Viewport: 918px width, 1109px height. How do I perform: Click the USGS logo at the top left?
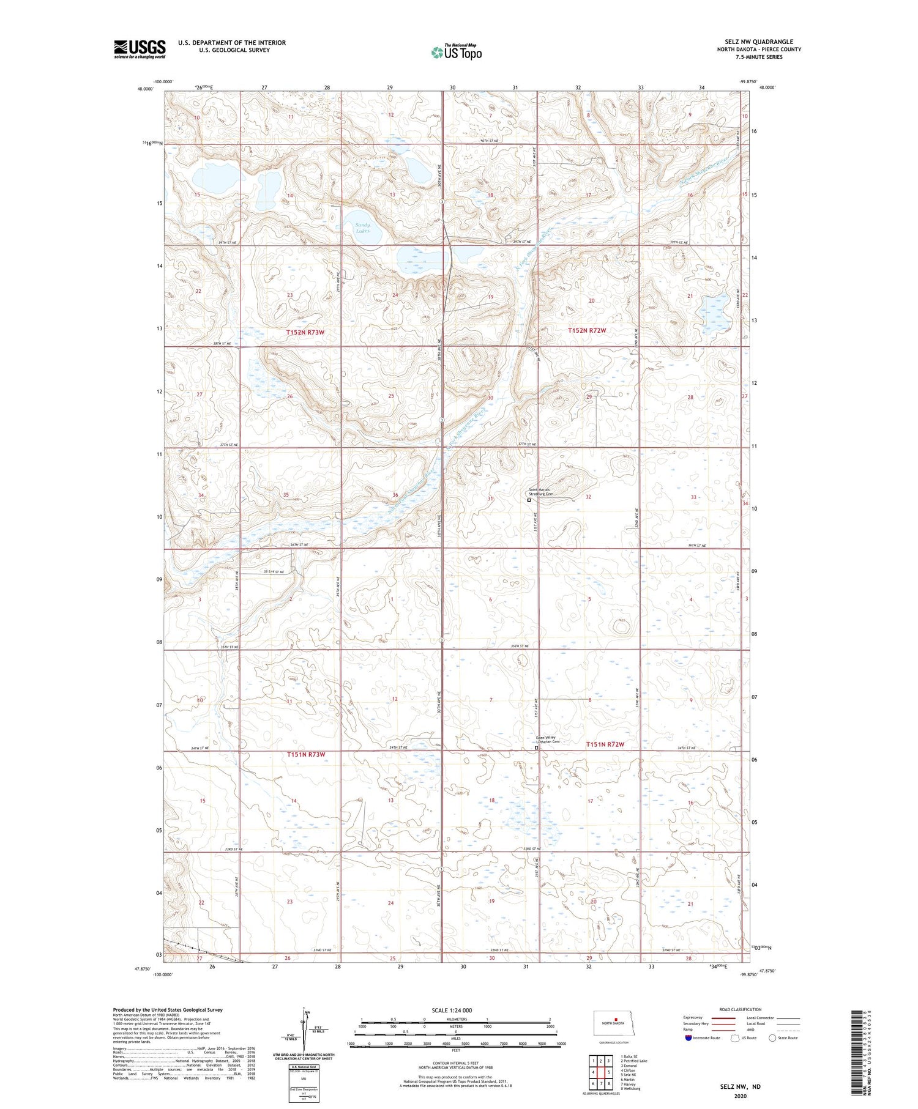pos(140,49)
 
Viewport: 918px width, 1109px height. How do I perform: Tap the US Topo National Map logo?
pos(456,52)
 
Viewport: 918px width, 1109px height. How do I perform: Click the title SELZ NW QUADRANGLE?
pos(759,42)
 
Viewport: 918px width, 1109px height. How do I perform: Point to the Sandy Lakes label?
pos(362,228)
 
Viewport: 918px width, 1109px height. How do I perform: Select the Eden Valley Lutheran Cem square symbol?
pos(537,747)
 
